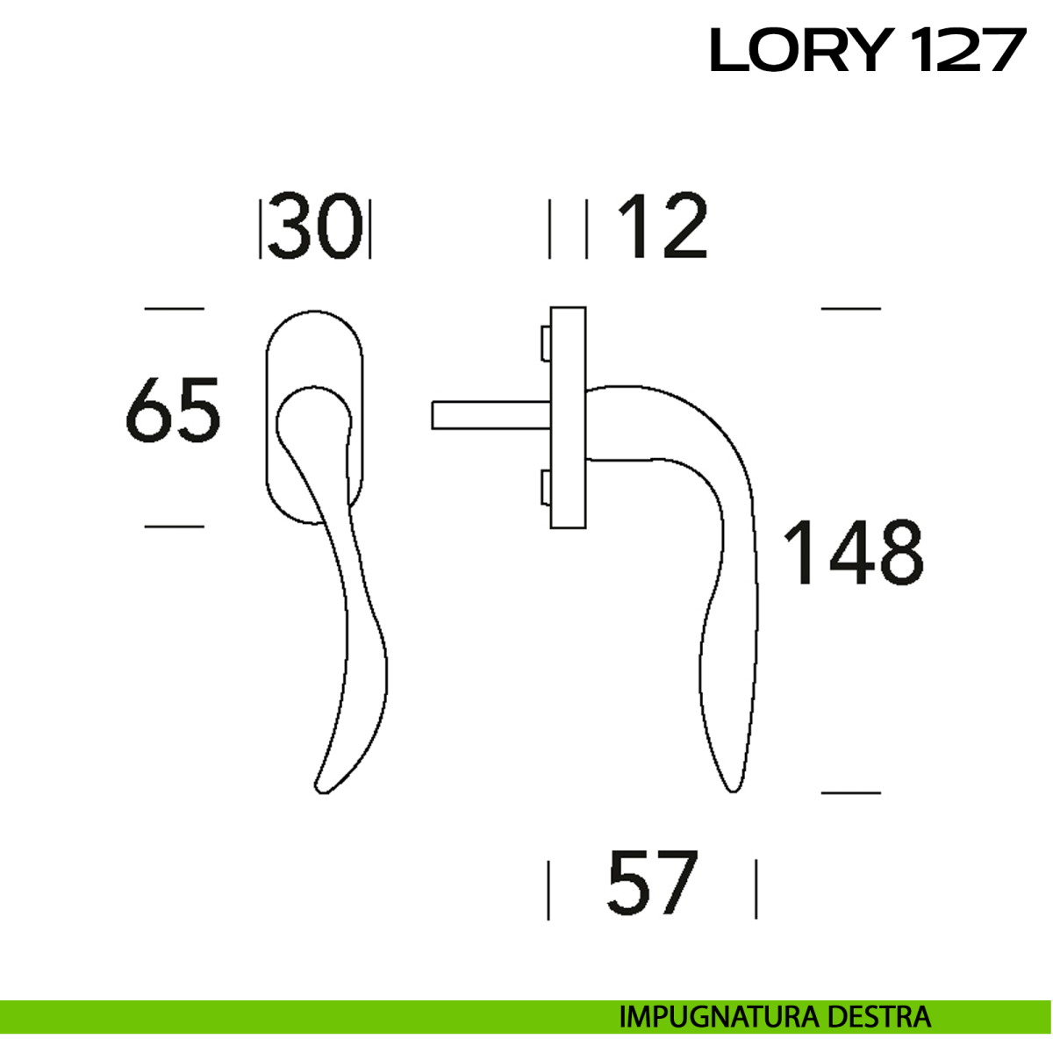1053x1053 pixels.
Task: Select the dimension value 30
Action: pyautogui.click(x=315, y=226)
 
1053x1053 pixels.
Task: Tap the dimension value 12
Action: pyautogui.click(x=663, y=226)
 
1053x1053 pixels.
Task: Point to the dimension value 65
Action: pyautogui.click(x=173, y=410)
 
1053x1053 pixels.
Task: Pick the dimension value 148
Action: pyautogui.click(x=854, y=552)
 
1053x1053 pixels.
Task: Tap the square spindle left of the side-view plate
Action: pyautogui.click(x=491, y=415)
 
